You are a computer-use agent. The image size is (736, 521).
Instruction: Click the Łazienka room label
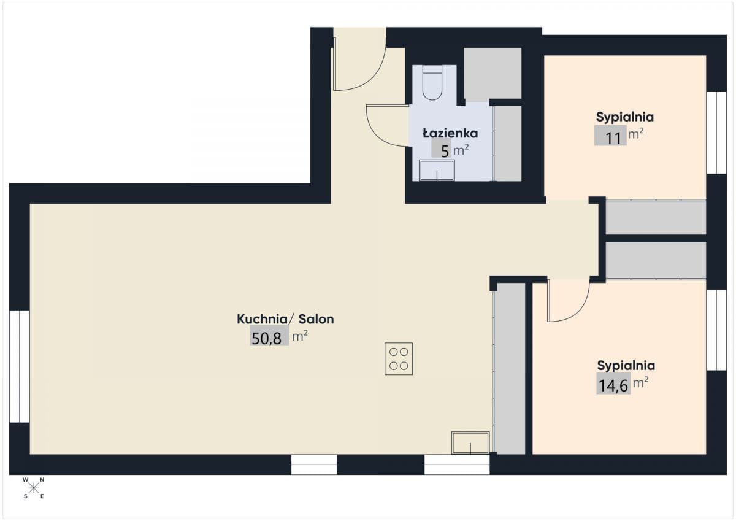pyautogui.click(x=450, y=133)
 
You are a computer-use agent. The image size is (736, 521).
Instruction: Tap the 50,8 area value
pyautogui.click(x=266, y=338)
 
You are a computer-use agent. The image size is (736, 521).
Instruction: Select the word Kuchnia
pyautogui.click(x=263, y=319)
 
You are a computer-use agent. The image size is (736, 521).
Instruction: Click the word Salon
pyautogui.click(x=316, y=319)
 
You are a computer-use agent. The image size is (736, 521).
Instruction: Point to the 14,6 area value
pyautogui.click(x=613, y=385)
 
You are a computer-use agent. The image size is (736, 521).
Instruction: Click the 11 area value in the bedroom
pyautogui.click(x=613, y=137)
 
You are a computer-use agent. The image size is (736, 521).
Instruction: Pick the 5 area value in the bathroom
pyautogui.click(x=445, y=152)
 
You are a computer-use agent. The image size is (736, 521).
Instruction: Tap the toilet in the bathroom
pyautogui.click(x=432, y=82)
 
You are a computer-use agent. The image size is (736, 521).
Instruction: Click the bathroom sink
pyautogui.click(x=437, y=170)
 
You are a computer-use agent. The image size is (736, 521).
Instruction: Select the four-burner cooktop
pyautogui.click(x=399, y=358)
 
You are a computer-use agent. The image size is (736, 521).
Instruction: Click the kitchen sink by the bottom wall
pyautogui.click(x=470, y=442)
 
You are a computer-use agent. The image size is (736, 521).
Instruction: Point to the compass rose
pyautogui.click(x=33, y=488)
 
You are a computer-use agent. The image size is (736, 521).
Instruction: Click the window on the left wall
pyautogui.click(x=20, y=366)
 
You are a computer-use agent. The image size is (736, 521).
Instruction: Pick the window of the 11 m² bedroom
pyautogui.click(x=716, y=133)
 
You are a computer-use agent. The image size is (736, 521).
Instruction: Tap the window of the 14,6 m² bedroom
pyautogui.click(x=716, y=330)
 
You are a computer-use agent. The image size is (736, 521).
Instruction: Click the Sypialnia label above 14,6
pyautogui.click(x=626, y=366)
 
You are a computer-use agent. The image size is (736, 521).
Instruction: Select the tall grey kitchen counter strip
pyautogui.click(x=510, y=368)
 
